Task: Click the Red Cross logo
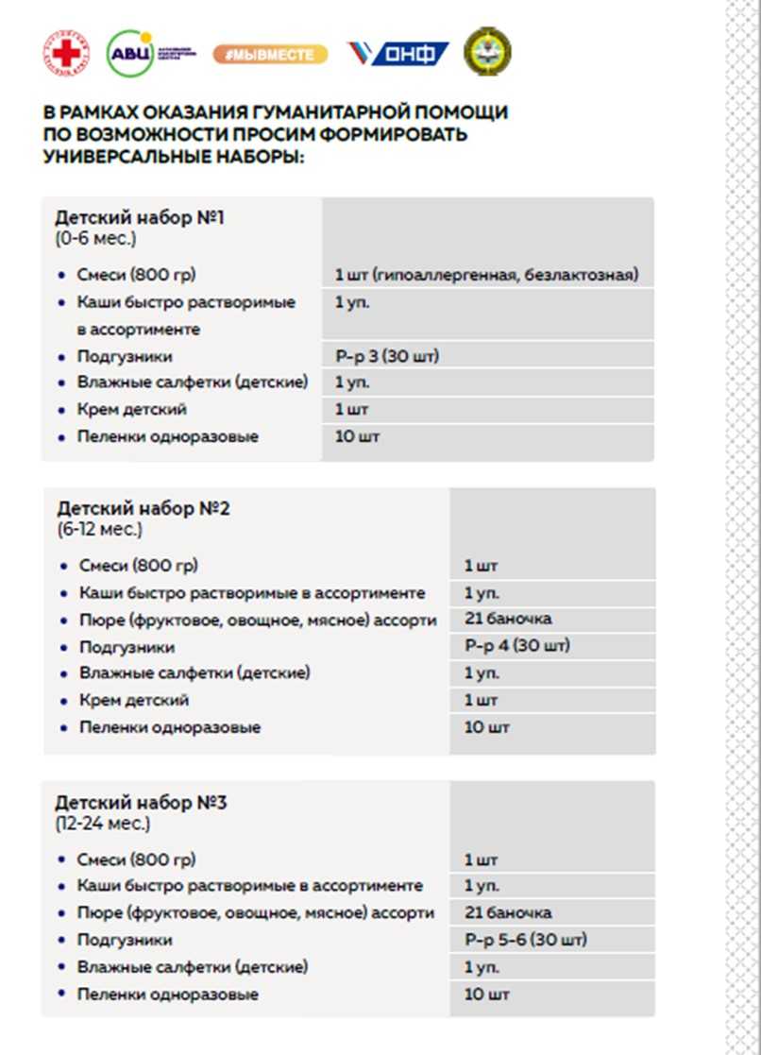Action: tap(66, 53)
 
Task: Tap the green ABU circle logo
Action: tap(128, 53)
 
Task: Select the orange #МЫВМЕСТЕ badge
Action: tap(270, 55)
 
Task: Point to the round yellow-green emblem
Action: tap(487, 52)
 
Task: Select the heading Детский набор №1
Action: tap(140, 218)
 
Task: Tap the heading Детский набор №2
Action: tap(144, 509)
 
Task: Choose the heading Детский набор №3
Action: tap(141, 803)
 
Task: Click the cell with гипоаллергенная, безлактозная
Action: tap(486, 275)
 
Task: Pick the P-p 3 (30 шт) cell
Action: tap(388, 356)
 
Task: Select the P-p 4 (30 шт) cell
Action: tap(517, 646)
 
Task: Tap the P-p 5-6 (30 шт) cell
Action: tap(525, 940)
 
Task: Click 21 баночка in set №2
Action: tap(508, 619)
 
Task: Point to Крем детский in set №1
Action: tap(132, 410)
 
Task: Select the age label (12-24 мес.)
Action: tap(102, 824)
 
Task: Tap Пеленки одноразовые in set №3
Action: tap(167, 994)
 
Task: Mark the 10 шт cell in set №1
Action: tap(357, 436)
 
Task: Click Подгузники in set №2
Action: tap(127, 647)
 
